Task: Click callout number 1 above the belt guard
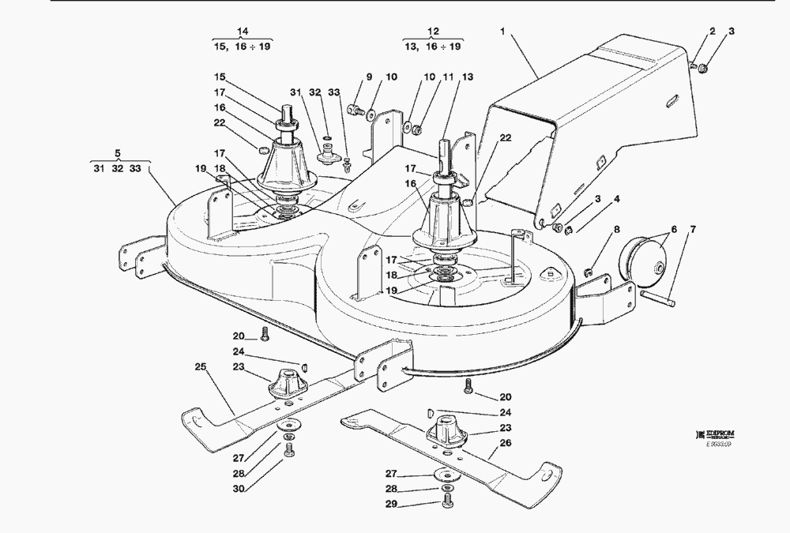pyautogui.click(x=502, y=32)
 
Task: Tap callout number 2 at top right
pyautogui.click(x=712, y=32)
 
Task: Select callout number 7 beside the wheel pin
pyautogui.click(x=693, y=231)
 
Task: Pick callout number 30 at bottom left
pyautogui.click(x=238, y=489)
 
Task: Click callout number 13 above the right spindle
pyautogui.click(x=468, y=77)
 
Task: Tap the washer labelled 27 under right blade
pyautogui.click(x=445, y=475)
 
